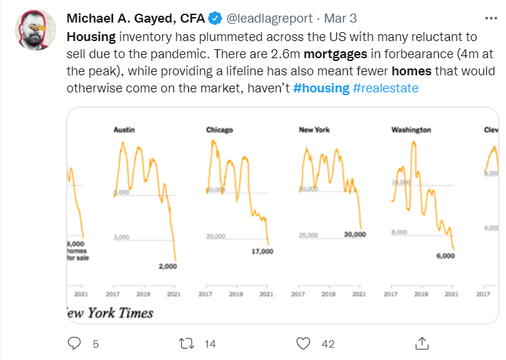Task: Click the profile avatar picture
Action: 36,29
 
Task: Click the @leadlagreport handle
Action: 265,17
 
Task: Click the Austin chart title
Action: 124,129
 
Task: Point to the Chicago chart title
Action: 220,129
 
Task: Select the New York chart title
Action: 314,129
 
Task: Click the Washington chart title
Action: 411,129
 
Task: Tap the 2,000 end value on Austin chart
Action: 166,266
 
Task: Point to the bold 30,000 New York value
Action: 355,235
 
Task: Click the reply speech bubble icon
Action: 75,342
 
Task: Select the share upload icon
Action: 422,342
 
